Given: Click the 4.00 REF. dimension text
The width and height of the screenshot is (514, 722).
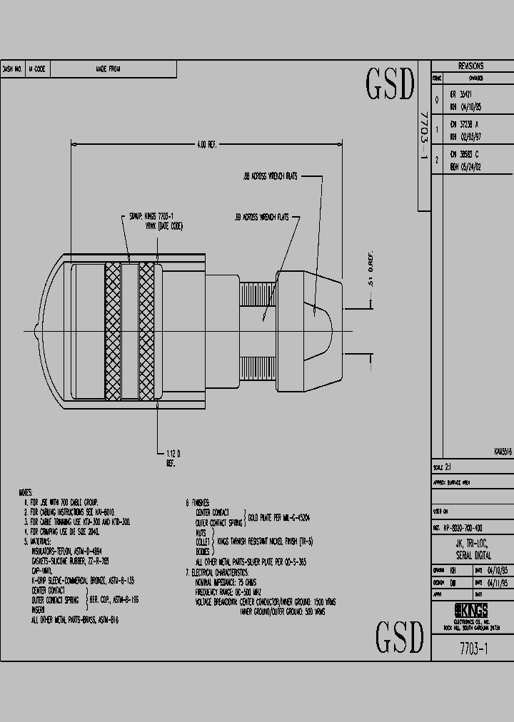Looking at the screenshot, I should (x=206, y=145).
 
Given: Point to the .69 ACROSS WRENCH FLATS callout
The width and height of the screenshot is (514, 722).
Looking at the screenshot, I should (x=261, y=217).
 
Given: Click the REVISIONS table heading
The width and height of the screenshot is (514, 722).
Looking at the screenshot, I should (x=470, y=66).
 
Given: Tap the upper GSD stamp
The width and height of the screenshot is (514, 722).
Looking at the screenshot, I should (x=390, y=85).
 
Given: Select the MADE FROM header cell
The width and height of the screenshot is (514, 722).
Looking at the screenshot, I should (x=109, y=69).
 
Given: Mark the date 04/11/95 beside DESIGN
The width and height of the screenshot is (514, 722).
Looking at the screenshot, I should (x=498, y=582).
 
